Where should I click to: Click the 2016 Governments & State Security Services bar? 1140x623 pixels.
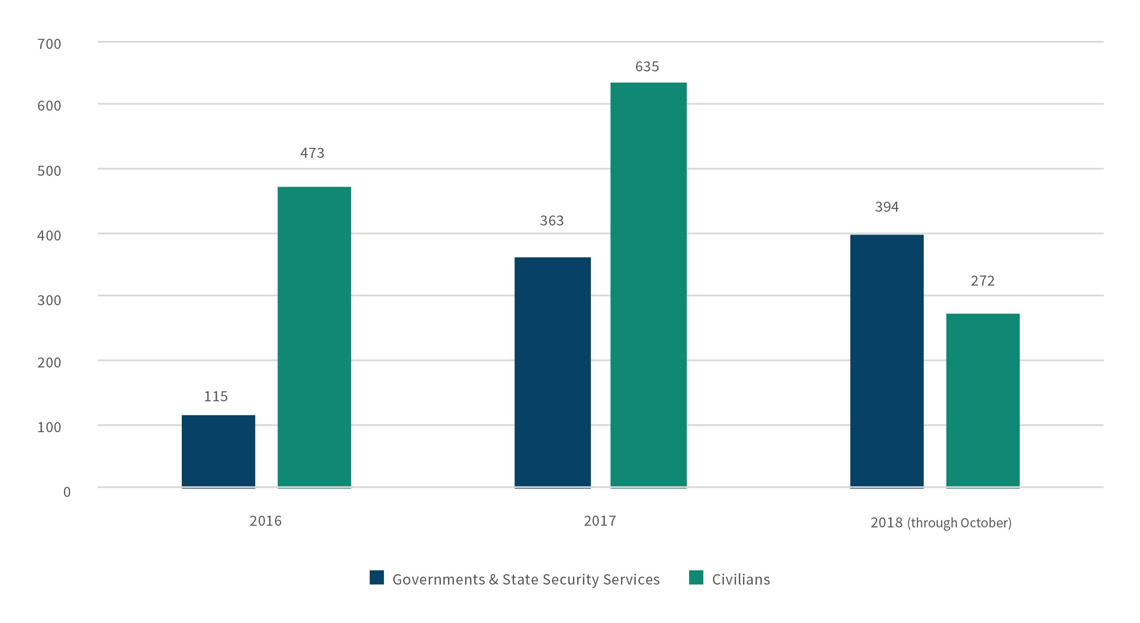coord(218,451)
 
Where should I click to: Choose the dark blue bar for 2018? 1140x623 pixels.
coord(886,361)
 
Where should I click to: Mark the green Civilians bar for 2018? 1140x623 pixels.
coord(982,400)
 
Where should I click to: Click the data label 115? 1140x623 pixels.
coord(216,397)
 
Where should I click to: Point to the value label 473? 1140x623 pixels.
coord(312,153)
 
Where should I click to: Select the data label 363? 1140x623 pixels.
coord(552,220)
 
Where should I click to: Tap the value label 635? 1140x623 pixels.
coord(647,67)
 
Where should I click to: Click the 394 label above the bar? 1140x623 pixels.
coord(886,207)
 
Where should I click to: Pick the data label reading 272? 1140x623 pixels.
coord(982,281)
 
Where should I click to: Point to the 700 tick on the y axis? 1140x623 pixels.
coord(49,44)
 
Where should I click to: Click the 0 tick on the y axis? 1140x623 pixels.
coord(67,492)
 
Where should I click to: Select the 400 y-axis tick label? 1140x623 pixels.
coord(49,236)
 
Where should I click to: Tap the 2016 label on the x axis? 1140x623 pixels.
coord(265,521)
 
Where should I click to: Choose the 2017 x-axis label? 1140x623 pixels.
coord(600,521)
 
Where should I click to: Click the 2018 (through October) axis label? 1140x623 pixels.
coord(941,523)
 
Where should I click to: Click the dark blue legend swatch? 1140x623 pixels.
coord(377,578)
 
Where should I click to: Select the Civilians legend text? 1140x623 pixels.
coord(741,580)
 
